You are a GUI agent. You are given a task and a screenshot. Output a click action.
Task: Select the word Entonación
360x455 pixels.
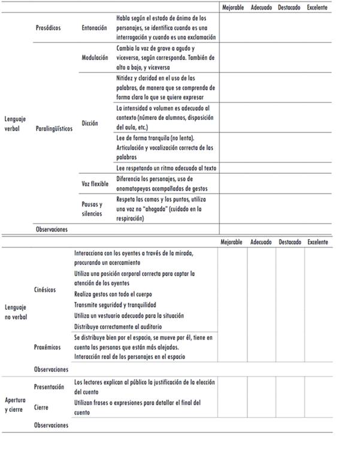pyautogui.click(x=95, y=28)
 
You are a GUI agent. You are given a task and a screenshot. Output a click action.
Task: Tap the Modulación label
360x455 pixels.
pyautogui.click(x=95, y=58)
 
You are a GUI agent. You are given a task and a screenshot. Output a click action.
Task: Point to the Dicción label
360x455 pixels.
pyautogui.click(x=90, y=123)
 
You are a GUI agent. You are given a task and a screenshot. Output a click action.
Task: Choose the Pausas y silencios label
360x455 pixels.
pyautogui.click(x=92, y=209)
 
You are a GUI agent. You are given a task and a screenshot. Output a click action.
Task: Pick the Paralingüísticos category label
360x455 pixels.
pyautogui.click(x=55, y=128)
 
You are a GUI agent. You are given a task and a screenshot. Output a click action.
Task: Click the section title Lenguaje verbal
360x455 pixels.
pyautogui.click(x=15, y=123)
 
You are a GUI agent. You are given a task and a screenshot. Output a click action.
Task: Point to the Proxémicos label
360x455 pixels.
pyautogui.click(x=47, y=347)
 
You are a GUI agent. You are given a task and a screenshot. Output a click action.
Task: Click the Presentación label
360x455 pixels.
pyautogui.click(x=49, y=387)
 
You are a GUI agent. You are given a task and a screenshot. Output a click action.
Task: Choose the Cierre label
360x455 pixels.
pyautogui.click(x=41, y=407)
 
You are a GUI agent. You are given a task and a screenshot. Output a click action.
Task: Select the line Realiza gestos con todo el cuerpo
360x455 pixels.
pyautogui.click(x=113, y=294)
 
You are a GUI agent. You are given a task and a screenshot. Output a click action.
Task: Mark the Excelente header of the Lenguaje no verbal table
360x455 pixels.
pyautogui.click(x=317, y=242)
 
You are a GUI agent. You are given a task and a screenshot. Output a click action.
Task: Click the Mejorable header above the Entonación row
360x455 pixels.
pyautogui.click(x=233, y=8)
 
